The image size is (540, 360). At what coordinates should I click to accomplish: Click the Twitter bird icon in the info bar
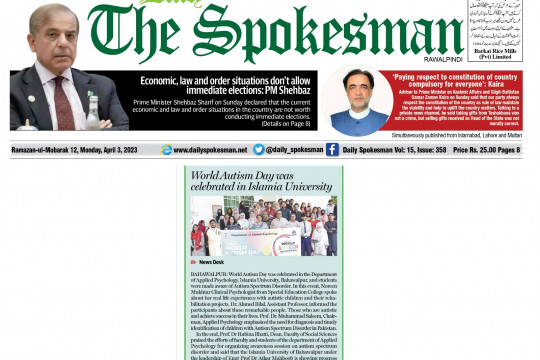pos(259,150)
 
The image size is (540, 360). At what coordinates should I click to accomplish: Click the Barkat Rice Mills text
pos(497,51)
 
